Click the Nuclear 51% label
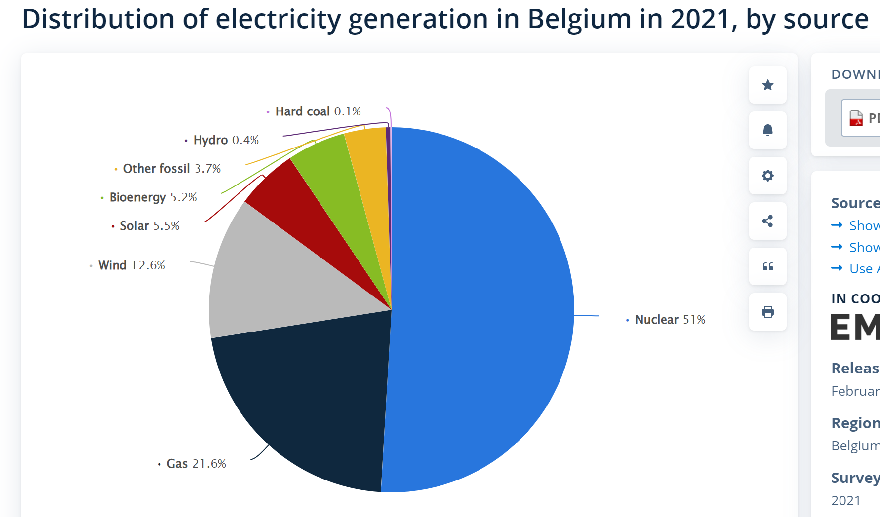click(x=670, y=320)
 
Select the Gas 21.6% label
click(x=196, y=464)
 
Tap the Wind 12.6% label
click(x=131, y=265)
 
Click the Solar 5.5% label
click(x=150, y=226)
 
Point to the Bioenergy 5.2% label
click(x=153, y=197)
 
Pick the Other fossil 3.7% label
click(x=171, y=169)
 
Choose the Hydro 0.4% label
click(x=226, y=140)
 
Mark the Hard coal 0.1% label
click(x=318, y=111)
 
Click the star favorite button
click(x=767, y=85)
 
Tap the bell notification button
click(x=767, y=130)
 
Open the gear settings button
click(x=767, y=176)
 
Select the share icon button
click(x=767, y=221)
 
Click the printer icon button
click(x=767, y=312)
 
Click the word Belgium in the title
click(x=579, y=20)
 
